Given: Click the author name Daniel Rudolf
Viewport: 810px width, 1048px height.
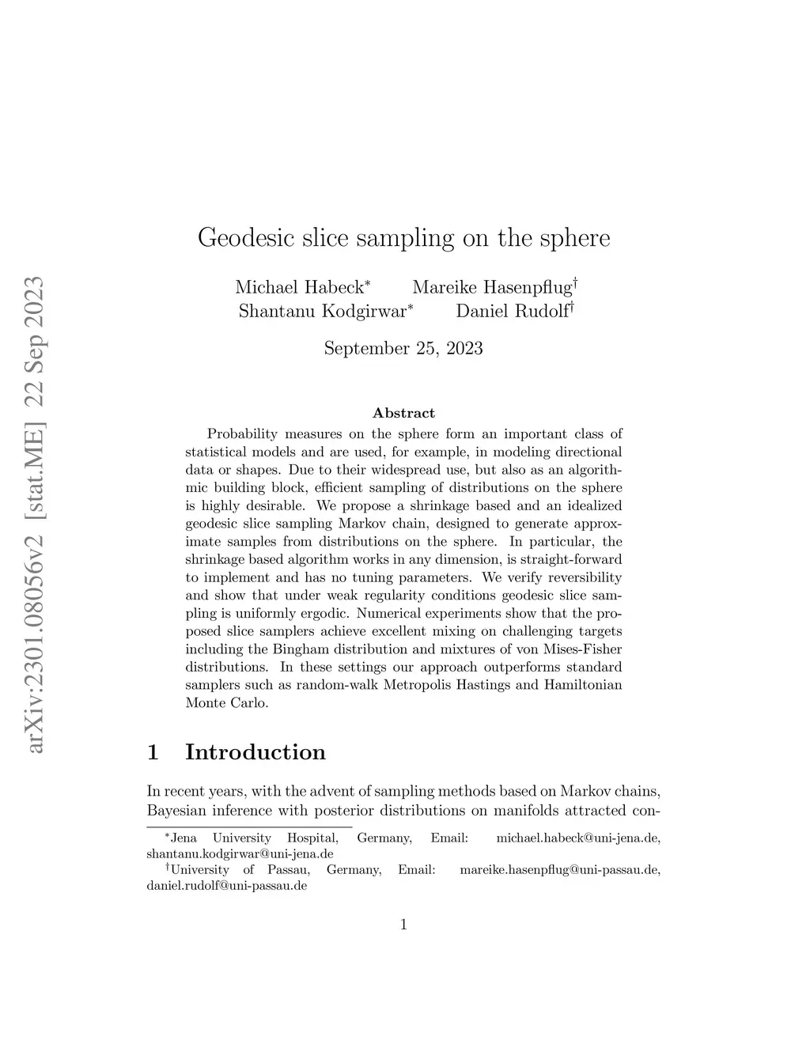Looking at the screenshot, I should [511, 311].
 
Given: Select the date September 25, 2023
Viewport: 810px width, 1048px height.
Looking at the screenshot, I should [403, 348].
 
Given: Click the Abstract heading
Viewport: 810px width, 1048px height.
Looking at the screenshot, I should [403, 413].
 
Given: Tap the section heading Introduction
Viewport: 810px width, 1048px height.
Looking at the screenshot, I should [255, 751].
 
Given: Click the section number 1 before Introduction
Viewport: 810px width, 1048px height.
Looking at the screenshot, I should [153, 751].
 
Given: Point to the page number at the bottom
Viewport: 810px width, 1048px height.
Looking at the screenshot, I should [403, 924].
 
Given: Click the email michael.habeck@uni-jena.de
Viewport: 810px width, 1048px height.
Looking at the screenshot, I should [577, 838].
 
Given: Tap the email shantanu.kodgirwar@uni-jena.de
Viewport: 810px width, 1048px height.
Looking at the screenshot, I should [240, 854].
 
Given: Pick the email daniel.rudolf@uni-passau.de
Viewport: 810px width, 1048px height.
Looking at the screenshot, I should [226, 886].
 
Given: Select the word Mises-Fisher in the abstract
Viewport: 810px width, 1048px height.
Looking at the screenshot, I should [584, 649].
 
